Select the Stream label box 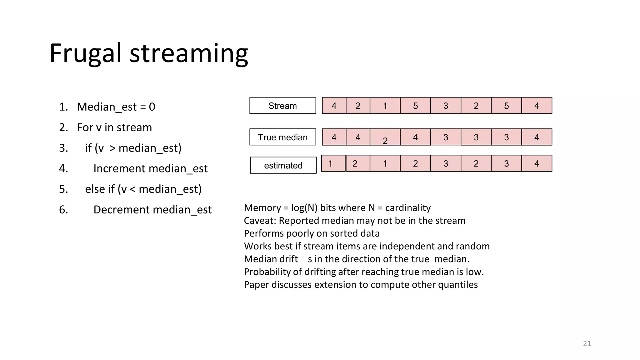(x=282, y=106)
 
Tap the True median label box (x=282, y=137)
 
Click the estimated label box (x=283, y=165)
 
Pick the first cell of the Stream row (x=334, y=106)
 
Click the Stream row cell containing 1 (x=385, y=106)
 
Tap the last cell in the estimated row (x=537, y=163)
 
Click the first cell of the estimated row (x=333, y=163)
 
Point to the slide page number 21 (x=587, y=344)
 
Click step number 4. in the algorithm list (x=63, y=169)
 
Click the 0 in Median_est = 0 (x=152, y=107)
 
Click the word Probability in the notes (x=267, y=272)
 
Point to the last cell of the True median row (x=537, y=137)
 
